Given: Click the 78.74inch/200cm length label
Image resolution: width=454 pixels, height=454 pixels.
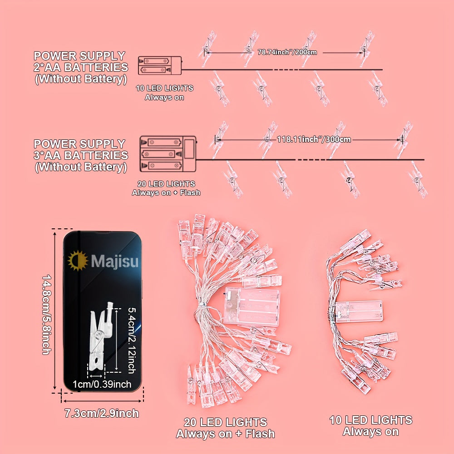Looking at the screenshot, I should pos(287,52).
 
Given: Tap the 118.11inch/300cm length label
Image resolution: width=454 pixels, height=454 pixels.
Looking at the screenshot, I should pos(314,139).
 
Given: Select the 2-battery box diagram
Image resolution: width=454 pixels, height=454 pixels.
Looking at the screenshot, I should pos(159,65).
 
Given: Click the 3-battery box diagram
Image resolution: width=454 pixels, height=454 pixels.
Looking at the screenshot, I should pos(168,154).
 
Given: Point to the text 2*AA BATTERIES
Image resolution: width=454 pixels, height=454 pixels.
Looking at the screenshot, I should pos(81,67).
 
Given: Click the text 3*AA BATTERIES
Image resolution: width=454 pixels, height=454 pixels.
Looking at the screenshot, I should pos(81,155).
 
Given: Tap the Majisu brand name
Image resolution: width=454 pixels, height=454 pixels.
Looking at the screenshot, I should pos(115,262).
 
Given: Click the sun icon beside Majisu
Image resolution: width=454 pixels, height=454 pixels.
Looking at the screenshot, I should pos(78,261).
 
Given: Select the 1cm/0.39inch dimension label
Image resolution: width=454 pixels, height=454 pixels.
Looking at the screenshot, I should pos(102,384).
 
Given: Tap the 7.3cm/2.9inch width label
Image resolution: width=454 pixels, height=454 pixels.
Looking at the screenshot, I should pos(102,413).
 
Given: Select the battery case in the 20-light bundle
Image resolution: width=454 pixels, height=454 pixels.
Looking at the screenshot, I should pos(250,306).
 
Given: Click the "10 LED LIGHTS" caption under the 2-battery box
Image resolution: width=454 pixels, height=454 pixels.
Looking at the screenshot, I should pos(164,88).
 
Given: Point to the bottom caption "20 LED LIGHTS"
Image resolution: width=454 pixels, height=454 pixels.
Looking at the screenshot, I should pos(225,422).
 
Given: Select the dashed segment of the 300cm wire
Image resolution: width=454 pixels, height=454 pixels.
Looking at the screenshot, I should pos(311,160).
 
